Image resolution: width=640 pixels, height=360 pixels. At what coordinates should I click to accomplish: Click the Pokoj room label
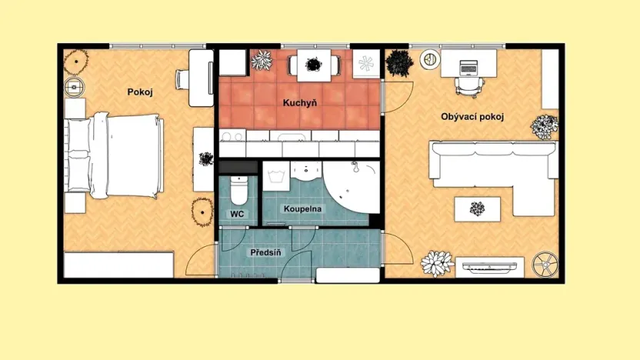pyautogui.click(x=140, y=92)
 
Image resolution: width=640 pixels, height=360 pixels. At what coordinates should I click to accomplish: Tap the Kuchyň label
pyautogui.click(x=299, y=103)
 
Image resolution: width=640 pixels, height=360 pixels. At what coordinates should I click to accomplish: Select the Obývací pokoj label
pyautogui.click(x=472, y=117)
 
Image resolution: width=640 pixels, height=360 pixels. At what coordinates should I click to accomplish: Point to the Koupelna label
pyautogui.click(x=302, y=209)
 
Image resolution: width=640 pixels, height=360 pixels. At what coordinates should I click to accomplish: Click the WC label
pyautogui.click(x=237, y=214)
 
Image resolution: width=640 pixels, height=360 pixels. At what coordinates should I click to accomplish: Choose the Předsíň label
pyautogui.click(x=265, y=252)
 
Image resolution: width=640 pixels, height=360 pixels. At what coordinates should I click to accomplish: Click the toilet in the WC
pyautogui.click(x=238, y=190)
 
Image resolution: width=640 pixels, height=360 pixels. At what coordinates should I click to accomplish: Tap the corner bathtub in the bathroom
pyautogui.click(x=352, y=186)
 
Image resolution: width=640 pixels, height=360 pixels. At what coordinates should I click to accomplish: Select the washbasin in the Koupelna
pyautogui.click(x=306, y=171)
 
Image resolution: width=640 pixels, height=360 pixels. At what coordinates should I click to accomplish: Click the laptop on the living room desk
pyautogui.click(x=468, y=68)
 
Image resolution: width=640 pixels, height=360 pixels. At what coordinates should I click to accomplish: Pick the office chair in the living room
pyautogui.click(x=469, y=87)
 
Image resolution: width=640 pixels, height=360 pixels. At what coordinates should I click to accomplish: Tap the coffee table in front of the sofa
pyautogui.click(x=477, y=209)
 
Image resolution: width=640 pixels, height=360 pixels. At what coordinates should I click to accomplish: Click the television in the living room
pyautogui.click(x=489, y=268)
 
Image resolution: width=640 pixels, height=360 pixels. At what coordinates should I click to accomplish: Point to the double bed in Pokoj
pyautogui.click(x=114, y=156)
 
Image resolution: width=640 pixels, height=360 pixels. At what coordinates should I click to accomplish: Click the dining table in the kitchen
pyautogui.click(x=314, y=65)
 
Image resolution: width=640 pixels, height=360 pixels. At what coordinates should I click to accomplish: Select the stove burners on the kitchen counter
pyautogui.click(x=232, y=136)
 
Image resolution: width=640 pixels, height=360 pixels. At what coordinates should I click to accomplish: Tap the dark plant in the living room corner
pyautogui.click(x=399, y=63)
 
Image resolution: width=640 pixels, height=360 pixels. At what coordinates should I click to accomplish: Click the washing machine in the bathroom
pyautogui.click(x=276, y=176)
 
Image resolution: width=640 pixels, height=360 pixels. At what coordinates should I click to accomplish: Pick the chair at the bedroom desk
pyautogui.click(x=182, y=79)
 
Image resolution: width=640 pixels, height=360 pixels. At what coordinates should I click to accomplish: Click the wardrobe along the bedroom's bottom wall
pyautogui.click(x=118, y=265)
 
